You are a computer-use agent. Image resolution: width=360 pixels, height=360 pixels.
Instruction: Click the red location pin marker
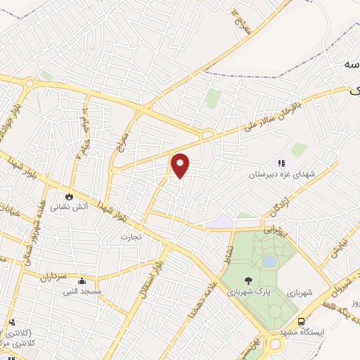181,165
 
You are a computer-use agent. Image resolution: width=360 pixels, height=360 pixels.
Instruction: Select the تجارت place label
130,236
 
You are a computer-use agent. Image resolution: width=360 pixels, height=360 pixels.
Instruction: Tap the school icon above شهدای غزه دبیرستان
282,165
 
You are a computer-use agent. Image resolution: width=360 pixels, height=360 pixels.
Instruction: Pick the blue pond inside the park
269,261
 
